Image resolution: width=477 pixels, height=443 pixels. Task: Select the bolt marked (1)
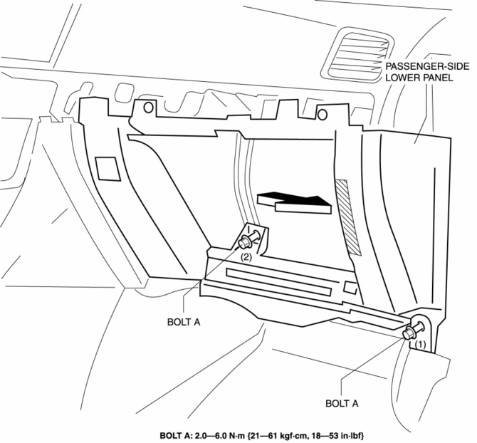tap(411, 332)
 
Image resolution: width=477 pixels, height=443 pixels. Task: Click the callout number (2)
tap(245, 256)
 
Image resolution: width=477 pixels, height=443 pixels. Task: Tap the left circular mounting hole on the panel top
tap(148, 108)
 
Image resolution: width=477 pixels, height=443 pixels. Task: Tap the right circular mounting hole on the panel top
tap(321, 114)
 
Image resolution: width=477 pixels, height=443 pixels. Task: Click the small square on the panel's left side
tap(108, 168)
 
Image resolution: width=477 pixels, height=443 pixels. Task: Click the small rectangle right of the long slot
tap(350, 288)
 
